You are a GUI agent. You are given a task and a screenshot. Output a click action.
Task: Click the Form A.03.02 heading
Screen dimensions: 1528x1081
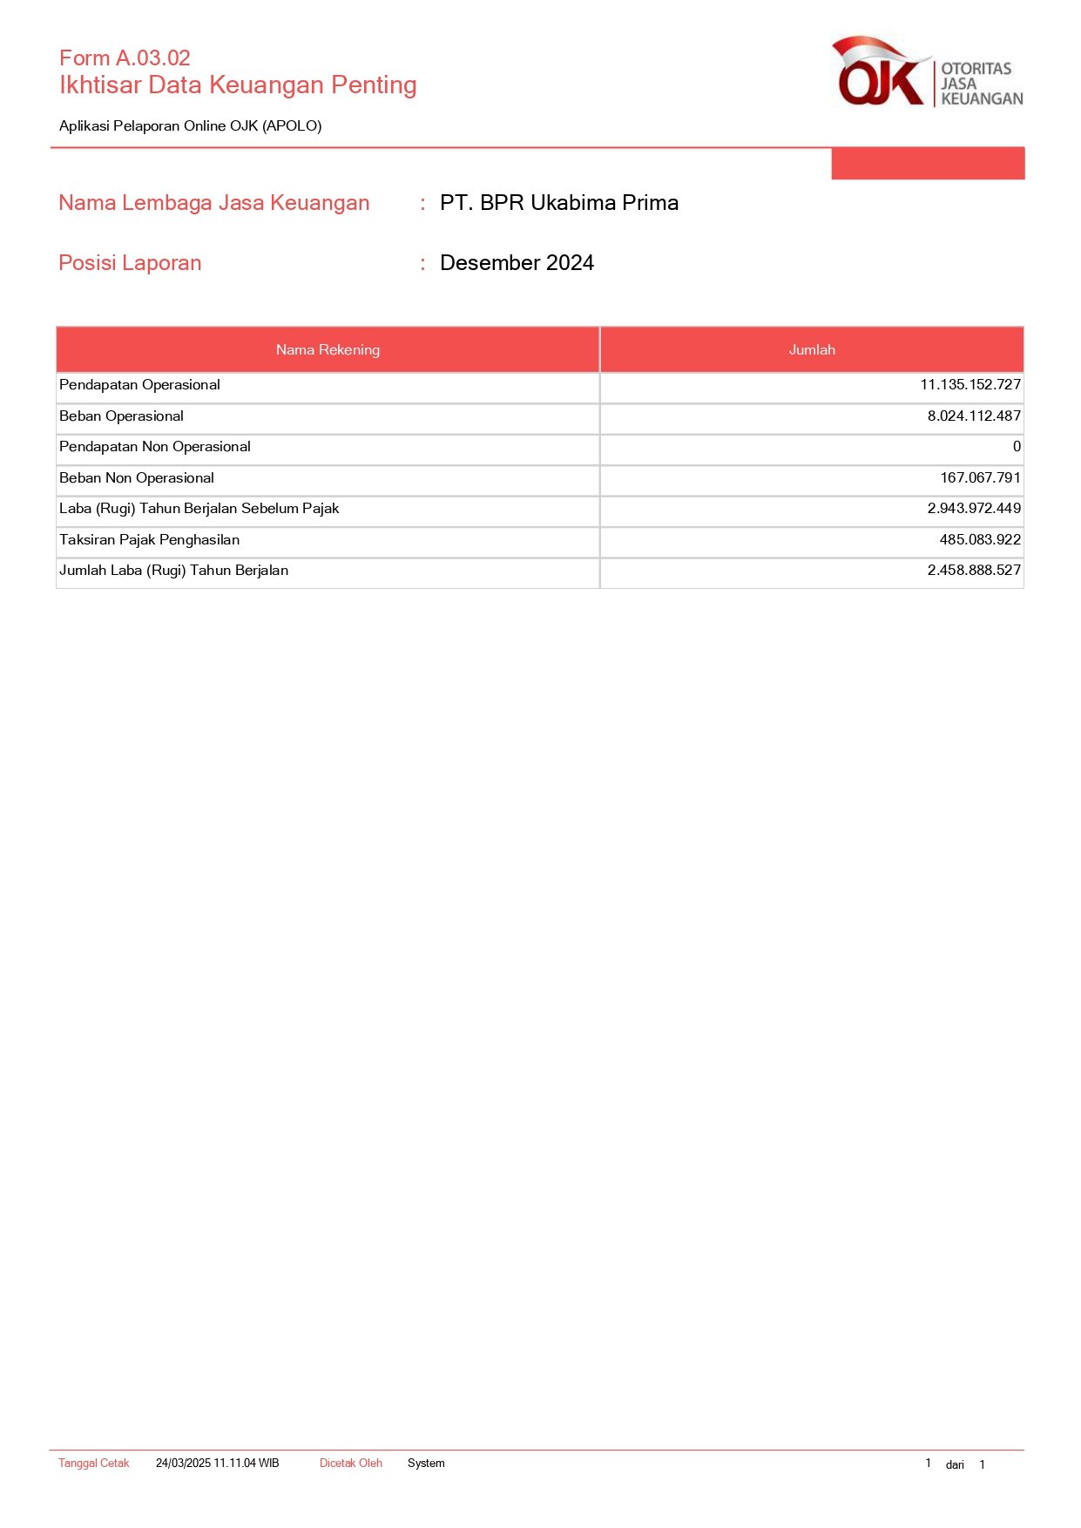tap(125, 58)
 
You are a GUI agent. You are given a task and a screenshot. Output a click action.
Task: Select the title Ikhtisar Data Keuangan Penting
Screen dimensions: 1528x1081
tap(238, 85)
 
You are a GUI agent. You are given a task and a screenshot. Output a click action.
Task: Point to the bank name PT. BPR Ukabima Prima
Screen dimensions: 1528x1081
tap(559, 203)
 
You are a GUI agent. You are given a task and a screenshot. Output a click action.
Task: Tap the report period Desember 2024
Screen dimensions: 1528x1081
tap(517, 263)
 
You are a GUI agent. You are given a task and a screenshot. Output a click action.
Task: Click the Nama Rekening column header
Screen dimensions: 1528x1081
tap(328, 350)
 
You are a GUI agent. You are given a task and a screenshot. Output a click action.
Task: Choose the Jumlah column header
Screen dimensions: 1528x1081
tap(812, 350)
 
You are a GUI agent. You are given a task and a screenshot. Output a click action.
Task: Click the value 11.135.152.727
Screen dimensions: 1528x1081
tap(970, 385)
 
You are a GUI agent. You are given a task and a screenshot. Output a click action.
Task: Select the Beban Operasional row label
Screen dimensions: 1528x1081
tap(121, 416)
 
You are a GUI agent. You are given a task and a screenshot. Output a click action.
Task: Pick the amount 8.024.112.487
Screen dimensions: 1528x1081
tap(974, 416)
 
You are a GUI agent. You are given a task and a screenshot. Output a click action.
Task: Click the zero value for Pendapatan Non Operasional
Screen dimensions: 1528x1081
tap(1017, 447)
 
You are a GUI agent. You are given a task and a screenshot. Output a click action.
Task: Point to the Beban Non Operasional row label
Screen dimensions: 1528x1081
tap(137, 478)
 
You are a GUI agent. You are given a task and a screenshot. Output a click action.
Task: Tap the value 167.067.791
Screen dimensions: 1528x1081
tap(980, 478)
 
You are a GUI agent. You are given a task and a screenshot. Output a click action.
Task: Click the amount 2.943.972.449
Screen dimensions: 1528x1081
tap(974, 509)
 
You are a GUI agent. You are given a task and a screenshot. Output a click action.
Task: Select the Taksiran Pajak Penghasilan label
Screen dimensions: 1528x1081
tap(149, 540)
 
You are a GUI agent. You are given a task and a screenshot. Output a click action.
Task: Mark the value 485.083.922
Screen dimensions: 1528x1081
tap(980, 540)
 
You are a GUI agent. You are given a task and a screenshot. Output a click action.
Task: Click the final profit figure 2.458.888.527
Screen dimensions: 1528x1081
tap(974, 571)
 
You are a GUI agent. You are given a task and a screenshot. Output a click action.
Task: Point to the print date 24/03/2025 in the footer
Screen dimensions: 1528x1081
tap(217, 1464)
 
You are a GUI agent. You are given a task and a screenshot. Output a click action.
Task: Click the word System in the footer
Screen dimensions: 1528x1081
tap(426, 1464)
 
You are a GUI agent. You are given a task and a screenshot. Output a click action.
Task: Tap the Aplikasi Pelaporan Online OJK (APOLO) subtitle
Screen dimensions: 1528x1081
tap(190, 126)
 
